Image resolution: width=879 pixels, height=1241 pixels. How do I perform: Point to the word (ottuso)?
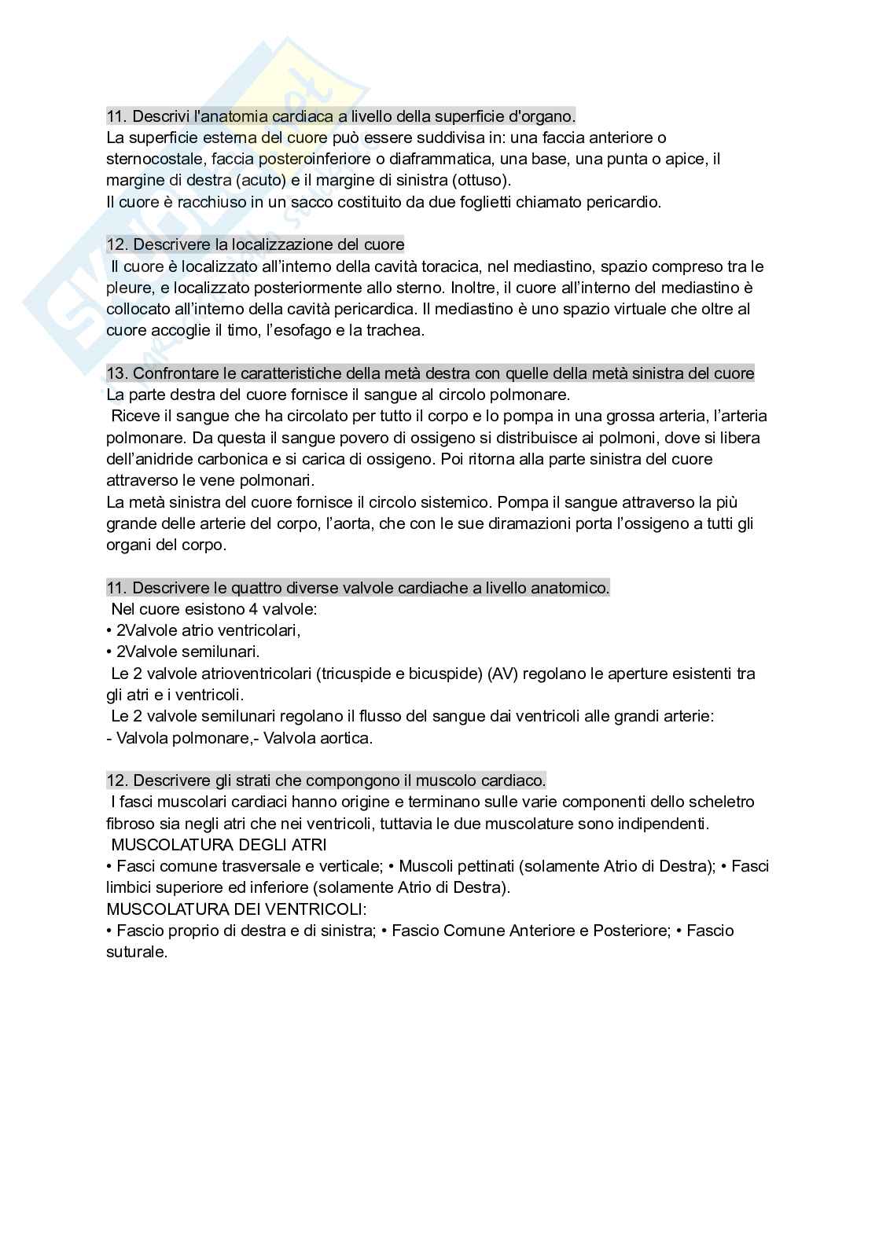(x=480, y=181)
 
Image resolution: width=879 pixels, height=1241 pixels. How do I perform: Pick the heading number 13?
(x=116, y=373)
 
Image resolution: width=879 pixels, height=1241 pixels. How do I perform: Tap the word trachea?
(x=397, y=330)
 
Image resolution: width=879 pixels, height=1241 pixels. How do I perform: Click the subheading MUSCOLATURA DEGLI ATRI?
(x=219, y=845)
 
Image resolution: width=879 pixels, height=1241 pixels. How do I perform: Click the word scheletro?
(x=724, y=802)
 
